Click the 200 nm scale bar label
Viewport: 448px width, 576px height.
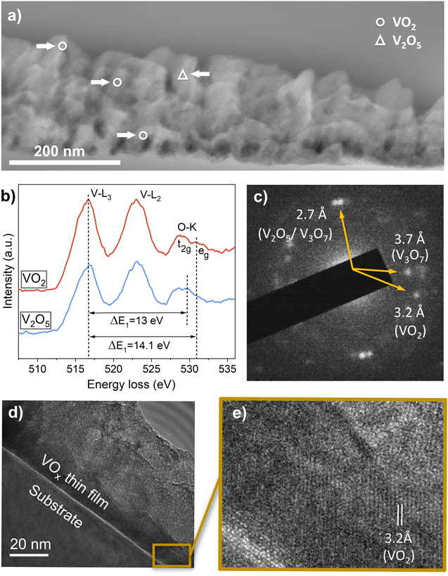coord(58,151)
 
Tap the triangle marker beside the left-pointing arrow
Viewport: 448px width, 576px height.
coord(182,74)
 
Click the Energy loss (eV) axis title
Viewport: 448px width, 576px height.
coord(132,385)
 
